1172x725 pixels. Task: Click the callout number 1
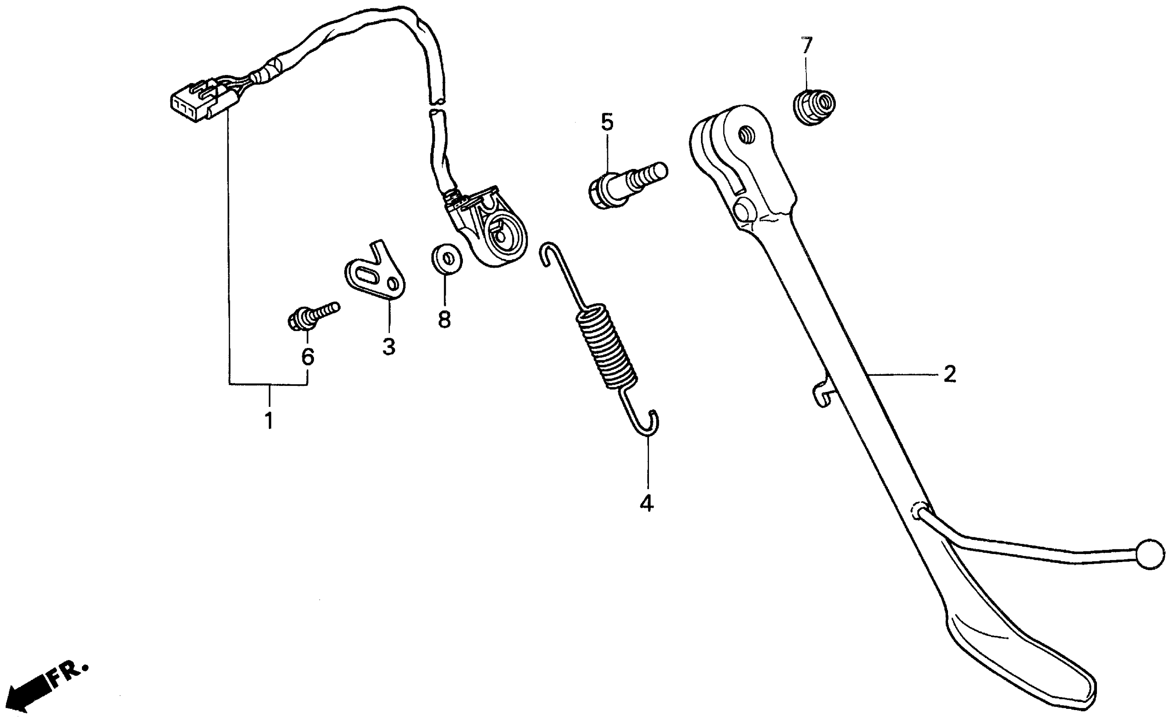269,420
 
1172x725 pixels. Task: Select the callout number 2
949,374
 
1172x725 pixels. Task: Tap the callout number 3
389,346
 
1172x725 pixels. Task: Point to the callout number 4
646,502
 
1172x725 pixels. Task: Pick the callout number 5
607,123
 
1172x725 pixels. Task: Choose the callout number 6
307,357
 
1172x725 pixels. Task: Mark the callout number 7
807,46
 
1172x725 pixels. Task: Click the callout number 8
445,319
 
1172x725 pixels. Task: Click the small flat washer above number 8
446,259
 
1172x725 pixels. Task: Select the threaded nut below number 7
815,107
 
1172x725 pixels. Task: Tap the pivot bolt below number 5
623,186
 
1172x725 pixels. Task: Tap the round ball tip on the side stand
1150,555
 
